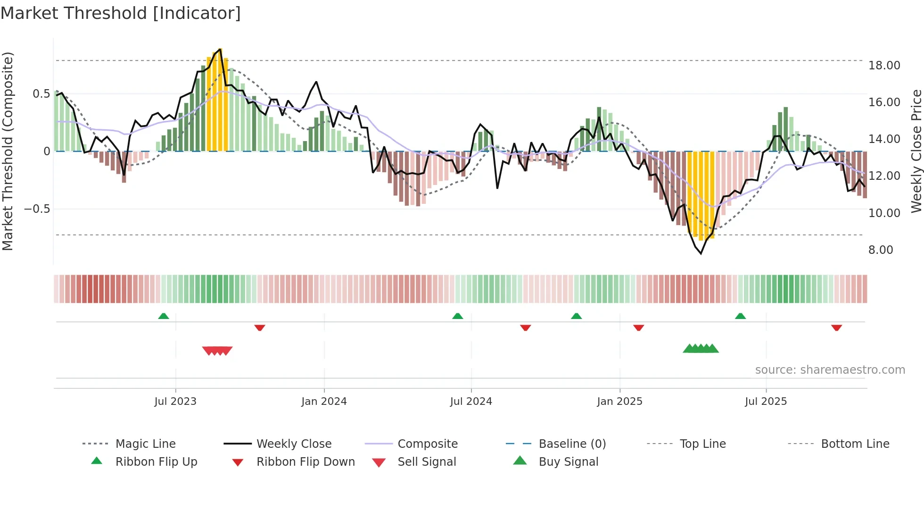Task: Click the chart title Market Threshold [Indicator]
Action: tap(121, 13)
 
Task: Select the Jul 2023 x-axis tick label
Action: tap(175, 402)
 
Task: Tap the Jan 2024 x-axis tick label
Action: tap(324, 402)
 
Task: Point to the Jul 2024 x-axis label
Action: tap(471, 402)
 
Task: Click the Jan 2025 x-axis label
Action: tap(619, 402)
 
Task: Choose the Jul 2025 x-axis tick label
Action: tap(766, 402)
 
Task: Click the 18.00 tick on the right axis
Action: tap(884, 66)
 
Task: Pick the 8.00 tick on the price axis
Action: tap(881, 250)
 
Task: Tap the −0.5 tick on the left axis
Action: tap(37, 209)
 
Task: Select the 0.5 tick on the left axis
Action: tap(41, 94)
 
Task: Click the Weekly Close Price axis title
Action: tap(916, 151)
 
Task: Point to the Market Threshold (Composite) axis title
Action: tap(8, 151)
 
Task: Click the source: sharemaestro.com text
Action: tap(830, 370)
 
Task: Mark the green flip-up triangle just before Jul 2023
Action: tap(164, 316)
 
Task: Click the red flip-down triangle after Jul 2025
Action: tap(836, 327)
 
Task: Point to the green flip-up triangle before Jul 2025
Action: tap(740, 316)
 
